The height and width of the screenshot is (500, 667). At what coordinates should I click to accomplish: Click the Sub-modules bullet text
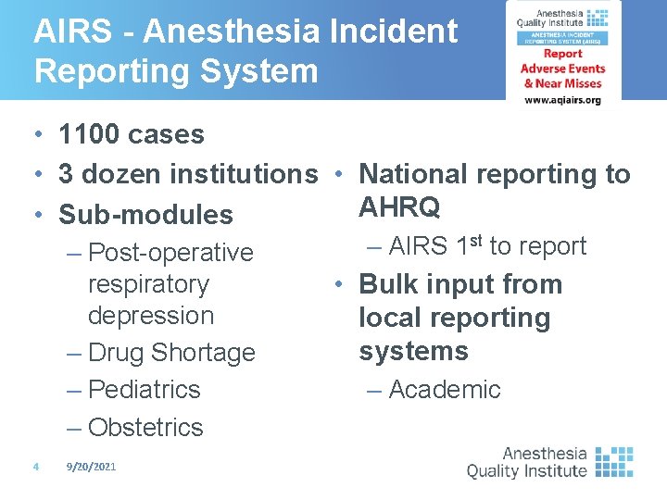click(145, 215)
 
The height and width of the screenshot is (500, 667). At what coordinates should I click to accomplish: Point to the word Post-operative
click(170, 253)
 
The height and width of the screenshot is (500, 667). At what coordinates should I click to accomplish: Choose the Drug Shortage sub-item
click(171, 353)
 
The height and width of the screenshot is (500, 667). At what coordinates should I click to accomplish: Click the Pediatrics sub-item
click(144, 390)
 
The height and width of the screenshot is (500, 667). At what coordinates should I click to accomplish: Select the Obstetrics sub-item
click(145, 428)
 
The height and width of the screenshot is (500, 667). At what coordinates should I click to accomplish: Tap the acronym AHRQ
click(399, 208)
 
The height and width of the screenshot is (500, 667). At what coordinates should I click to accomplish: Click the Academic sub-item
click(445, 390)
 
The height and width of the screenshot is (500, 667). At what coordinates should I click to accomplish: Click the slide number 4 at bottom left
click(34, 468)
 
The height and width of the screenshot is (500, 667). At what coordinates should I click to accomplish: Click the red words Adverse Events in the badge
click(562, 69)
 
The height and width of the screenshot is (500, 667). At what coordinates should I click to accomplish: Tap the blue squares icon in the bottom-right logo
click(613, 461)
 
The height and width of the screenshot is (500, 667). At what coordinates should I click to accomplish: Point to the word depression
click(150, 316)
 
